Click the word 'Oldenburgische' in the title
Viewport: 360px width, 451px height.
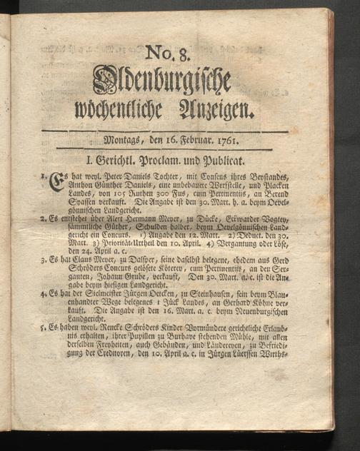162,82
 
